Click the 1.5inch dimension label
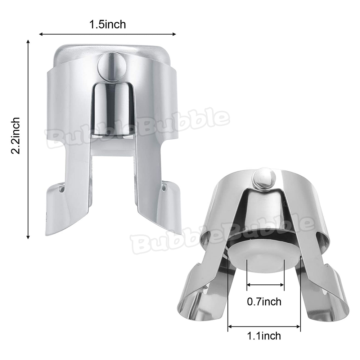pos(107,24)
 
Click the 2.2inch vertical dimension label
pos(15,135)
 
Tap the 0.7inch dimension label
pos(264,301)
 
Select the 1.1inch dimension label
pos(264,336)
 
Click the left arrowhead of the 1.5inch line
pos(41,34)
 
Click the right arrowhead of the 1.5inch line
pos(174,34)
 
